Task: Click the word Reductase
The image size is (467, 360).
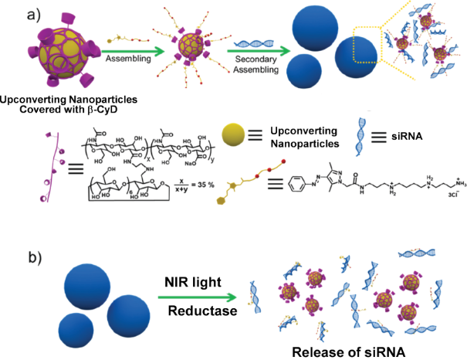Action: pos(196,312)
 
